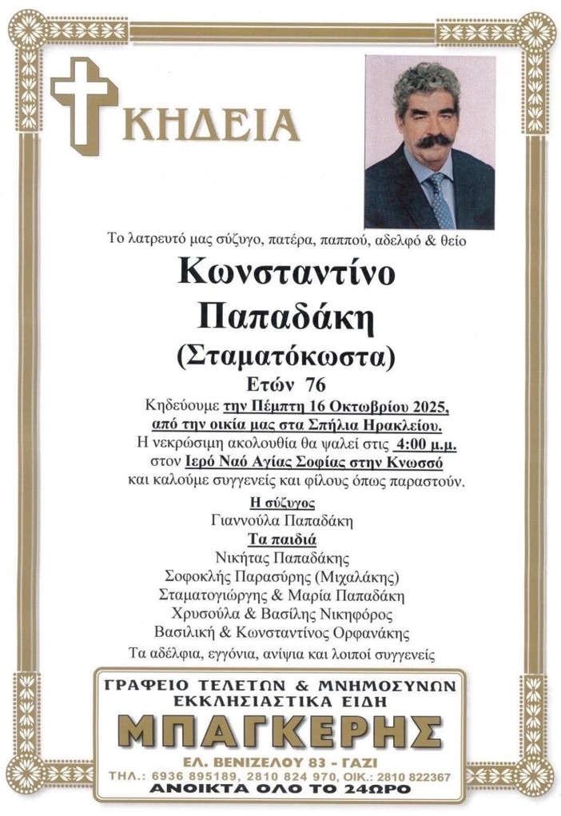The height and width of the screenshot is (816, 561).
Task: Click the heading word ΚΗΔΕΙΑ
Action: [x=211, y=123]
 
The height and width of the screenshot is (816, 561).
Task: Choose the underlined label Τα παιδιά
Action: [x=284, y=539]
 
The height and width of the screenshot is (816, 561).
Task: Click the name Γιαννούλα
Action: [x=245, y=520]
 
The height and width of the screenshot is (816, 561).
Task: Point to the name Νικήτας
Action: [x=243, y=557]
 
